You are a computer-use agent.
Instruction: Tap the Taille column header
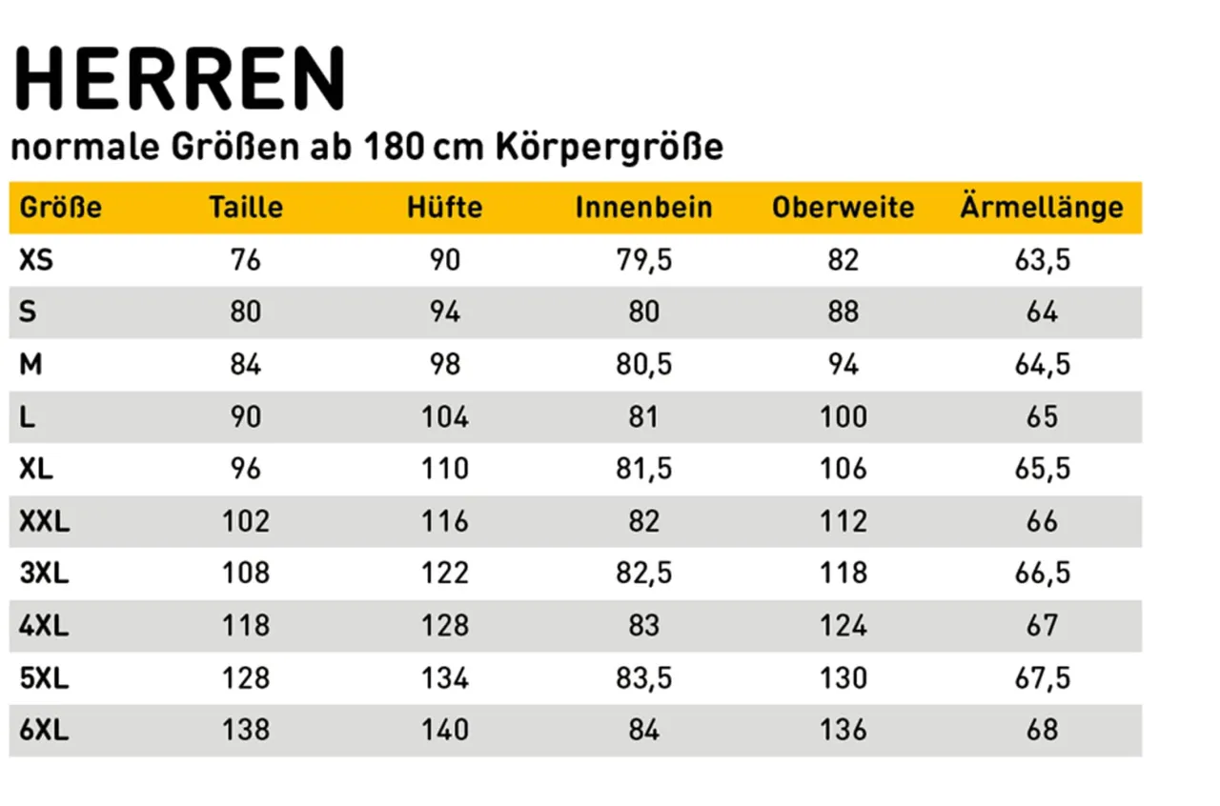point(246,208)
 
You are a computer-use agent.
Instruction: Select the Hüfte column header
point(445,208)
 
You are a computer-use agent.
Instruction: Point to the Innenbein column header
point(643,208)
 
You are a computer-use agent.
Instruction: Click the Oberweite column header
point(843,208)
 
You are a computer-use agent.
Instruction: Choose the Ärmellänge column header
point(1042,208)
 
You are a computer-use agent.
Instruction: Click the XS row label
point(36,260)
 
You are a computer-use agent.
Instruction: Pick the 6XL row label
point(44,731)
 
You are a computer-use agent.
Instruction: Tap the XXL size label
point(45,521)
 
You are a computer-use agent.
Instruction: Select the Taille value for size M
point(246,365)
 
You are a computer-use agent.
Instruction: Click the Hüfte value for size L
point(445,417)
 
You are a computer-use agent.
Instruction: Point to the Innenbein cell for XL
point(643,470)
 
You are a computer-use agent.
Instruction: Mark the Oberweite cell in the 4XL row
point(843,626)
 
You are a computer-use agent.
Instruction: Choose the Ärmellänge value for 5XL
point(1043,678)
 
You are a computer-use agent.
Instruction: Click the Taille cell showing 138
point(246,731)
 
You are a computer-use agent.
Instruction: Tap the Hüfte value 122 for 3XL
point(445,574)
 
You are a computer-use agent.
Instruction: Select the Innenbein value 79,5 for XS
point(643,260)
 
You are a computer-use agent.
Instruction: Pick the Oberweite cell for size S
point(843,312)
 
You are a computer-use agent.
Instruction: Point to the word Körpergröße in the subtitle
point(609,150)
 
